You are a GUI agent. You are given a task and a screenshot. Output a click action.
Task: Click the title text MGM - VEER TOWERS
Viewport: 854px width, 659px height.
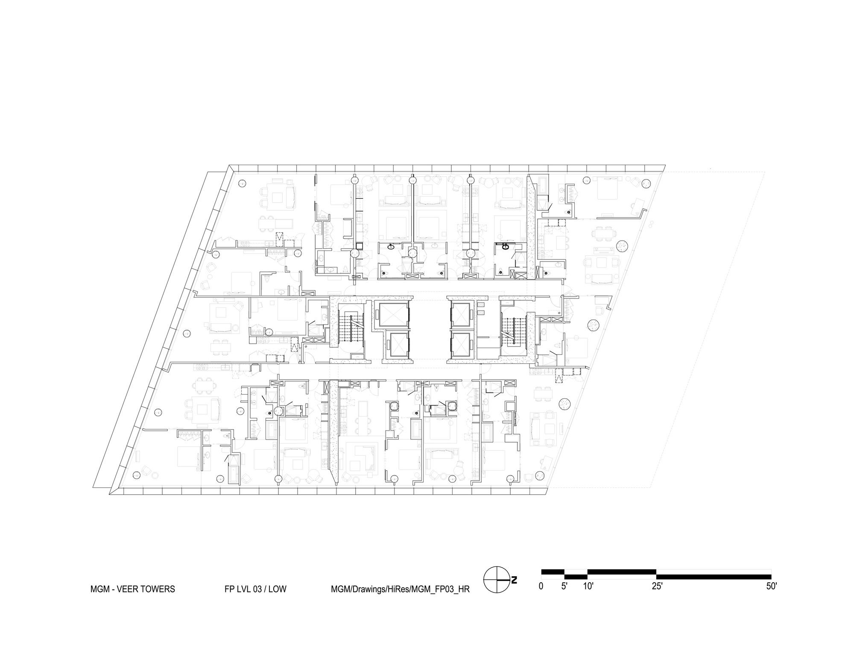(132, 589)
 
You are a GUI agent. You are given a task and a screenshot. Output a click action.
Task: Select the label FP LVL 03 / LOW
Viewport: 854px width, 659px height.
(255, 589)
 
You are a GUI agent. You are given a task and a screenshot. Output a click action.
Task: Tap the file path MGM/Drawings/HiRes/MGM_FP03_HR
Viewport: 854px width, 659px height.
(400, 589)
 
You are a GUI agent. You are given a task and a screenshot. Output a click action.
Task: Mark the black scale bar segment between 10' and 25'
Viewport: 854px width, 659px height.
(622, 572)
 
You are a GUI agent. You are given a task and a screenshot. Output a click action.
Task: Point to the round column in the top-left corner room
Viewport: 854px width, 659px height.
(241, 183)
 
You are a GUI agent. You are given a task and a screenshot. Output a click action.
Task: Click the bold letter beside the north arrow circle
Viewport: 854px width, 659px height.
(514, 580)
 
